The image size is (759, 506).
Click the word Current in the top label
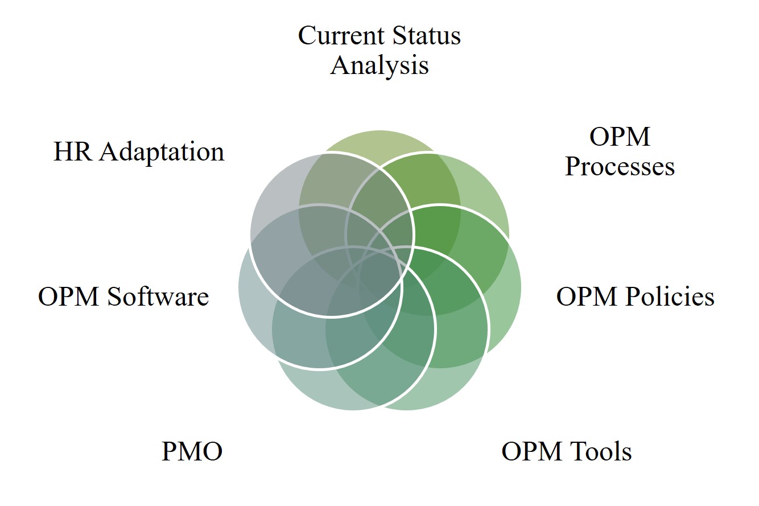[x=341, y=35]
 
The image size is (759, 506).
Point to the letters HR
[x=72, y=151]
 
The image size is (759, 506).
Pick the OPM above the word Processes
[x=620, y=137]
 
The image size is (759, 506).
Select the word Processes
[x=620, y=166]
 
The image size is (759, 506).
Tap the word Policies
[x=670, y=296]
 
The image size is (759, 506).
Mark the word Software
[x=158, y=296]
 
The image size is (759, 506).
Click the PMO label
[x=192, y=451]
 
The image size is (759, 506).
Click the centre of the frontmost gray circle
[x=332, y=235]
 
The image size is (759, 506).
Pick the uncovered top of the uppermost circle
[x=379, y=141]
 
